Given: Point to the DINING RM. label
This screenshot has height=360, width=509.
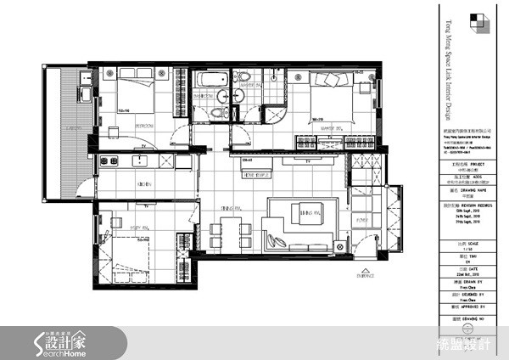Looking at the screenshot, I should pos(226,206).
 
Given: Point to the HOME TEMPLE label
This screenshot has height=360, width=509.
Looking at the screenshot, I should pos(257,175).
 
